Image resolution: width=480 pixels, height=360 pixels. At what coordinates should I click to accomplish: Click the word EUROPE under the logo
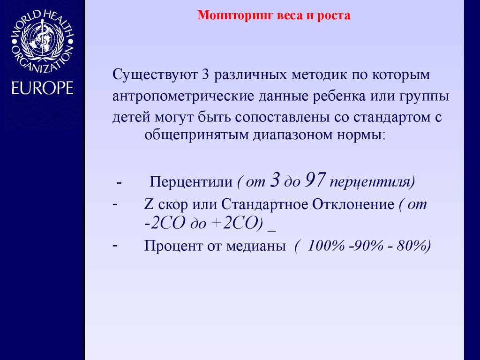43,88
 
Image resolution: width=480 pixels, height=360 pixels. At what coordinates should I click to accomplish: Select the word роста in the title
334,16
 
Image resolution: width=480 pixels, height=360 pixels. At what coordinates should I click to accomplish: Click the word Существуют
155,75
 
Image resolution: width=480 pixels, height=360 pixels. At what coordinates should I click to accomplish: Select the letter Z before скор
149,205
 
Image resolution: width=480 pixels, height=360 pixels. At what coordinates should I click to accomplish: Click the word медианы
263,246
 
